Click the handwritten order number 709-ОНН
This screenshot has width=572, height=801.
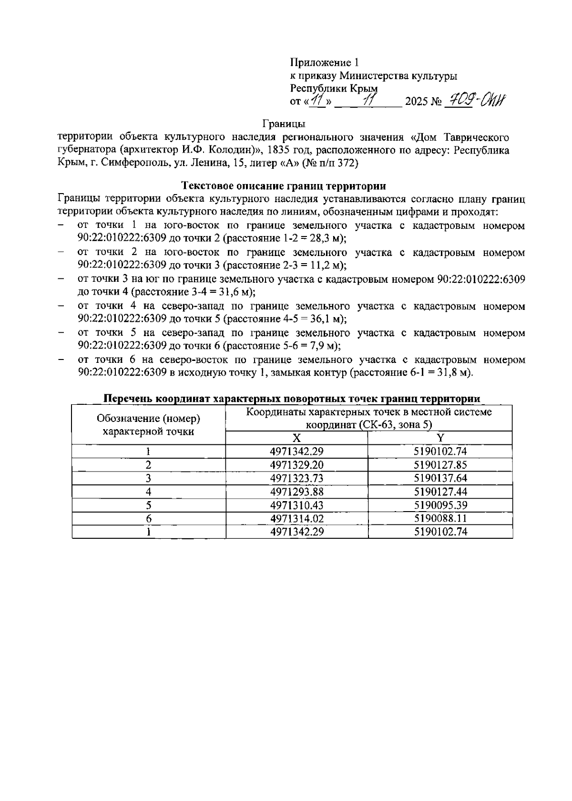tap(474, 100)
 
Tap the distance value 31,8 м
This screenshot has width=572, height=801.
tap(453, 372)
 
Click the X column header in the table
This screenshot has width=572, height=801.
tap(296, 438)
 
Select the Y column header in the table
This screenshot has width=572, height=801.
tap(440, 438)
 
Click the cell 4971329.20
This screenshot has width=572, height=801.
tap(296, 465)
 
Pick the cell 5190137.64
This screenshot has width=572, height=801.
tap(440, 478)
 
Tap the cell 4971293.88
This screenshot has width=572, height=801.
tap(296, 492)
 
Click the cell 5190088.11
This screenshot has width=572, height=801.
tap(440, 518)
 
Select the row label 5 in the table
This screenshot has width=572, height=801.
tap(149, 505)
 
